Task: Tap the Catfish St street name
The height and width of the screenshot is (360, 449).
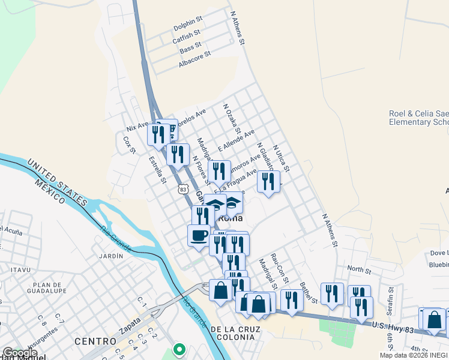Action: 187,39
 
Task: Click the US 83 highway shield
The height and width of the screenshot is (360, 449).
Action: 182,188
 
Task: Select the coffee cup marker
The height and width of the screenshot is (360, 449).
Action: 199,236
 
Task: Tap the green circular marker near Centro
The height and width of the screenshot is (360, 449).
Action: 178,349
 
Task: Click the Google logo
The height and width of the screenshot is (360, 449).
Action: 20,353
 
